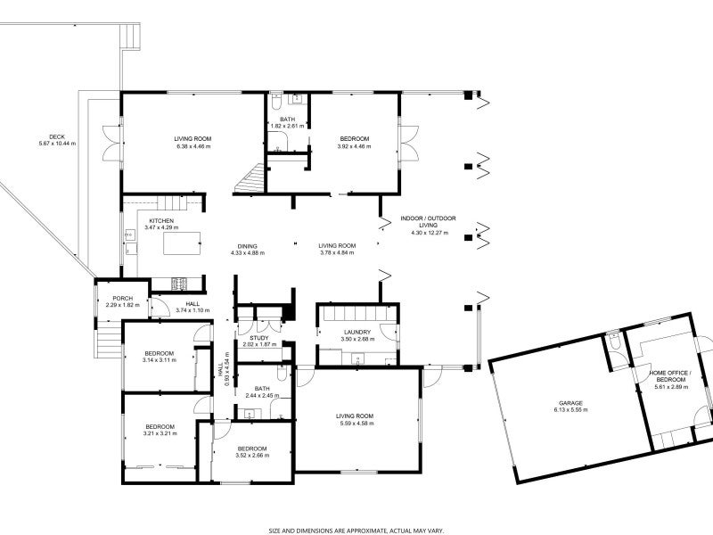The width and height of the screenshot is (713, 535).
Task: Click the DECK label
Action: [57, 136]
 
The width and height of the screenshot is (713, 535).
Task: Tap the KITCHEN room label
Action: [161, 221]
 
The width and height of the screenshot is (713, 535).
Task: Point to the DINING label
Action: [248, 246]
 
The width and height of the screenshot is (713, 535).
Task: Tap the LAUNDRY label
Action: [358, 332]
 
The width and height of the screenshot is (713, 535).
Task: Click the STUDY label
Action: [259, 338]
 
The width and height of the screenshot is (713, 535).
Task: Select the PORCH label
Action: [122, 299]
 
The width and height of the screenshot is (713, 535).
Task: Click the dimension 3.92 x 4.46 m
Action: [354, 145]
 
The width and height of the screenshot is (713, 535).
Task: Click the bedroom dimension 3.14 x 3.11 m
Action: [159, 360]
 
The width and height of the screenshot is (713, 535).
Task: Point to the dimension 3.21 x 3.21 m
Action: [160, 433]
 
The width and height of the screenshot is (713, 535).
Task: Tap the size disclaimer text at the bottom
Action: [356, 529]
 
